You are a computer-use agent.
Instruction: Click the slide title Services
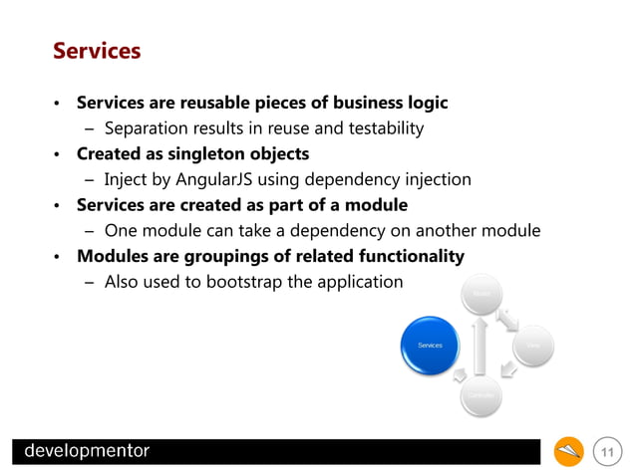(97, 50)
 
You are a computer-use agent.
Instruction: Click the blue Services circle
(430, 346)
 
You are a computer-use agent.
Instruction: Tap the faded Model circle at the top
(481, 294)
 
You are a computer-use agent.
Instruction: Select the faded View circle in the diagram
(533, 346)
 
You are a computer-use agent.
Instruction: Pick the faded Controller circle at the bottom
(481, 396)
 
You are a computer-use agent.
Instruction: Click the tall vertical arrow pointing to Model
(481, 346)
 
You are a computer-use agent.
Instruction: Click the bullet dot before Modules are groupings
(58, 258)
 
